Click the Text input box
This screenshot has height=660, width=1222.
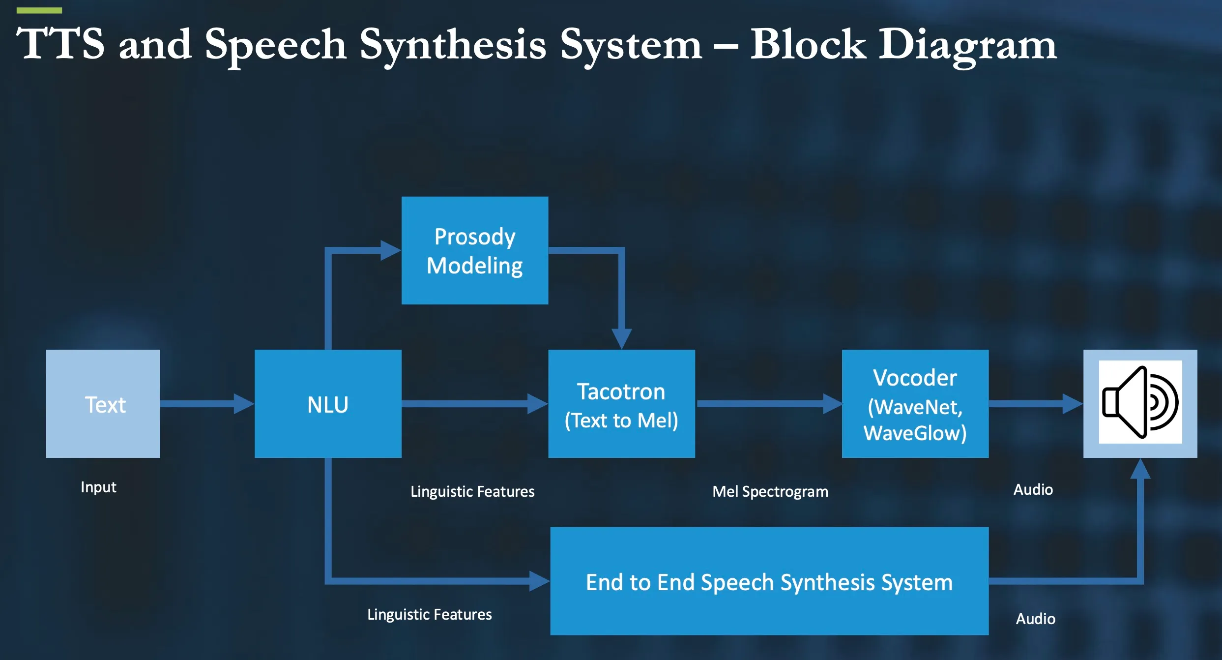(x=103, y=404)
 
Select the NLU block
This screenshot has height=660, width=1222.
(x=328, y=404)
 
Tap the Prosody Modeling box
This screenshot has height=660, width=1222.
(x=474, y=250)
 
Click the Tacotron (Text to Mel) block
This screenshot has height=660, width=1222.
(x=621, y=404)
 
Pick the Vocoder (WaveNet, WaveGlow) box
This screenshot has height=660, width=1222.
(x=915, y=404)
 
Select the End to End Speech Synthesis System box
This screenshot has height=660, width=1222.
(x=769, y=581)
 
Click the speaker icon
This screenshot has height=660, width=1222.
(x=1140, y=402)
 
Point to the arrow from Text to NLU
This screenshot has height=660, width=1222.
(x=206, y=404)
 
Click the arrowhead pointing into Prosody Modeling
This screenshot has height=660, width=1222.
(x=390, y=250)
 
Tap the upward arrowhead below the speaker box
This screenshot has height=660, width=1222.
(x=1140, y=469)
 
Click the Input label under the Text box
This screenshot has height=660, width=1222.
(x=98, y=487)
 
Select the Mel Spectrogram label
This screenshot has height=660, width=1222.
(x=770, y=491)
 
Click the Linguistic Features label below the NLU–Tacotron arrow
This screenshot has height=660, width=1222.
(x=472, y=491)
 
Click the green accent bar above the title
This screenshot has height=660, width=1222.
(x=39, y=10)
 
